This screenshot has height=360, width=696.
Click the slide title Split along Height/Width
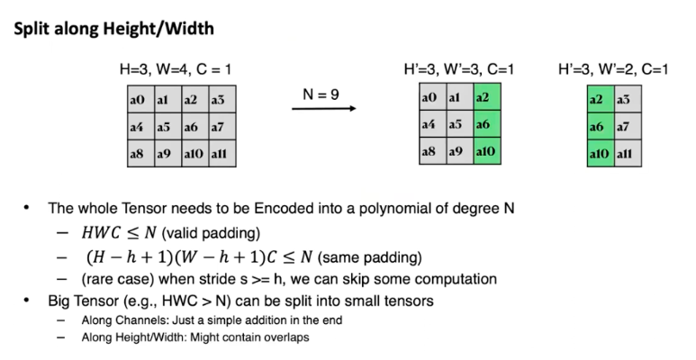(x=113, y=28)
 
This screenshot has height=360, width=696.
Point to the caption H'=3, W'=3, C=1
(x=459, y=68)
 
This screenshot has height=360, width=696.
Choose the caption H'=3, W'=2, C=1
(x=613, y=68)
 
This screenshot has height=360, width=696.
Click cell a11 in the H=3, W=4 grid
(x=221, y=154)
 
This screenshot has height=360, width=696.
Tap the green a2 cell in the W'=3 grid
(x=485, y=97)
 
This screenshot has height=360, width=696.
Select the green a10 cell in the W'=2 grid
(x=599, y=154)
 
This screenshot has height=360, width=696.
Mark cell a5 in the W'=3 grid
(x=457, y=125)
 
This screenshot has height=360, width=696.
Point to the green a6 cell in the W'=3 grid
(x=485, y=125)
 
